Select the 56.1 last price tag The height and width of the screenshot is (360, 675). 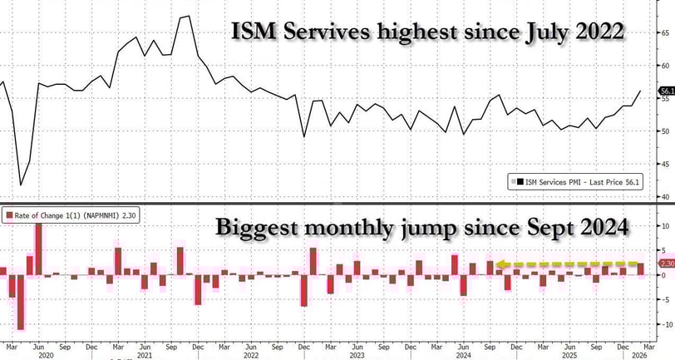tap(666, 91)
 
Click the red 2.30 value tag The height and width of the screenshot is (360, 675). tap(666, 264)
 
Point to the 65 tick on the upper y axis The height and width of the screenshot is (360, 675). tap(666, 32)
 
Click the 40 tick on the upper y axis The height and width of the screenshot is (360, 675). tap(666, 196)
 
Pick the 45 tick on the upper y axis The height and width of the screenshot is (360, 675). tap(666, 164)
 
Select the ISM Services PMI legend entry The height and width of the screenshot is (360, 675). tap(574, 180)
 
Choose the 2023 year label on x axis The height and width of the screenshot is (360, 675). tap(357, 355)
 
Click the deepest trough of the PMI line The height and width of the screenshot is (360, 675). tap(21, 185)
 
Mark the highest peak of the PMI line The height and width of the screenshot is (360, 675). tap(189, 16)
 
